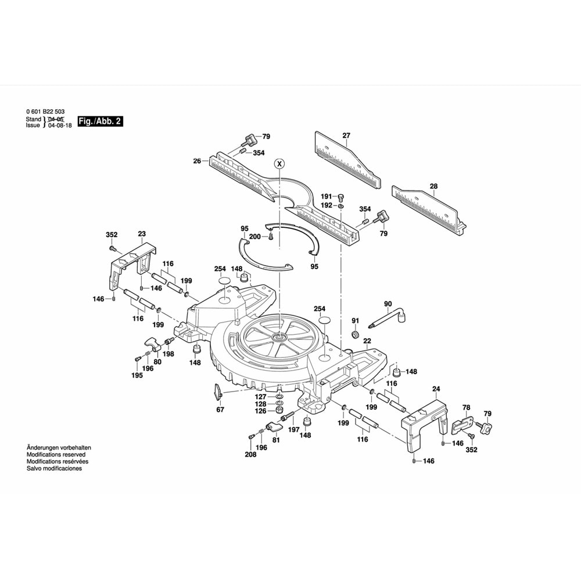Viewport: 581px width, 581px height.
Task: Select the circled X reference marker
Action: click(x=279, y=163)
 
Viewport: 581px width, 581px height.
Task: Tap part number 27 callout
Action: click(x=346, y=135)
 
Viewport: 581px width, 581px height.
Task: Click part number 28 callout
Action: click(x=433, y=187)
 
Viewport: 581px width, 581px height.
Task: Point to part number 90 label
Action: click(x=388, y=304)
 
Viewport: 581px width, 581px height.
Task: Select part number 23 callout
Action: click(x=141, y=235)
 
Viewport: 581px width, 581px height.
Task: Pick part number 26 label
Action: click(x=197, y=161)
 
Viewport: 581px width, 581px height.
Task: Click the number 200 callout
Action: click(x=255, y=236)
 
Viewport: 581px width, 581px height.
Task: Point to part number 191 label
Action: click(x=327, y=196)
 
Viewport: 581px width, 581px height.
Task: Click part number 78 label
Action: click(x=465, y=408)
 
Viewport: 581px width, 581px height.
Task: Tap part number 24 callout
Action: click(x=436, y=389)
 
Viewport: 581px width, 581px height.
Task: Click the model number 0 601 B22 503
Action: click(x=45, y=112)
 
